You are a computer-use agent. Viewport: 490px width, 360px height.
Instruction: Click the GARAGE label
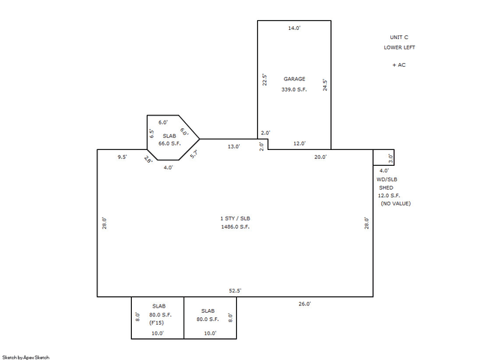294,79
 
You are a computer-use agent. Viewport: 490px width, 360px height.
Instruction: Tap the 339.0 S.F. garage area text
294,89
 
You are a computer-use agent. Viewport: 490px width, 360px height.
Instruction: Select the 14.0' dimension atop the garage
294,28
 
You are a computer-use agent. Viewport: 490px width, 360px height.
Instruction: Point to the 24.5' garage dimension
325,85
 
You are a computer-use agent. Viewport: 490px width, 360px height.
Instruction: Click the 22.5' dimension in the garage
264,79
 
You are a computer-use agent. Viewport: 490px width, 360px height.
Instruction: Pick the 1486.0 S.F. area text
235,226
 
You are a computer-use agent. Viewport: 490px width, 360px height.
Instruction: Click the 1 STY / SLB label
235,218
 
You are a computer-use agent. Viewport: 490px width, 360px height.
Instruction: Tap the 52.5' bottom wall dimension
235,290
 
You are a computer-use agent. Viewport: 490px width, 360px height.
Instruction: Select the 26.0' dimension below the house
305,304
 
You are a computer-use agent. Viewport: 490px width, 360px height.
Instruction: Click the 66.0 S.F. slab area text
169,143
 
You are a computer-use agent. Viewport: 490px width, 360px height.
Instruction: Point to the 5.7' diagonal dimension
194,154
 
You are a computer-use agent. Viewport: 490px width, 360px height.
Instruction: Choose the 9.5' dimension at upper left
122,157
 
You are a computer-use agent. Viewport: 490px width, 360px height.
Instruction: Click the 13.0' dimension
234,146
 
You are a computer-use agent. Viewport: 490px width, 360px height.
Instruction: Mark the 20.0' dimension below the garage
321,157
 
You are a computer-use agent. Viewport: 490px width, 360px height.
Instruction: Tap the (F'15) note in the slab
157,322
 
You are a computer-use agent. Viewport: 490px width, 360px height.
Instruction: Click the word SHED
387,187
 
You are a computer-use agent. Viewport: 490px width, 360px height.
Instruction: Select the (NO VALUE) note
396,203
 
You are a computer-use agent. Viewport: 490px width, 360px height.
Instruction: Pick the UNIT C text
399,37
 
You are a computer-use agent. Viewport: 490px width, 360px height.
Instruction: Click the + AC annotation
399,65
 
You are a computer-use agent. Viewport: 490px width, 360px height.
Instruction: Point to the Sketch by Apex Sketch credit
25,357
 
